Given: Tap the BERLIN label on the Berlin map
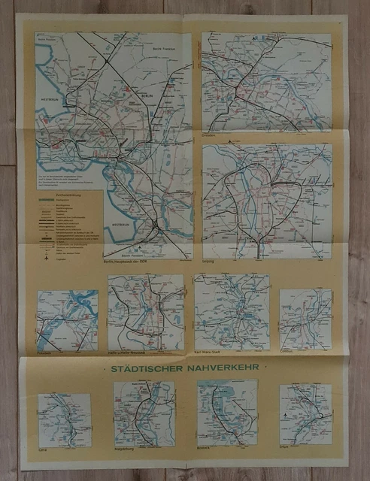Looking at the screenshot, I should pos(132,96).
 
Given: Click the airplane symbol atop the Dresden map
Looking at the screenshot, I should pos(254,37).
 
